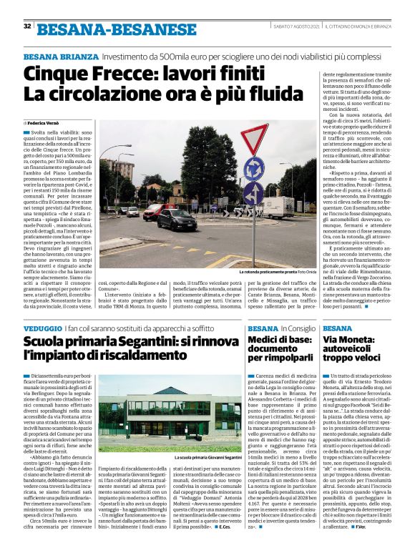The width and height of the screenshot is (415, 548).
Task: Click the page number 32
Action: [x=27, y=26]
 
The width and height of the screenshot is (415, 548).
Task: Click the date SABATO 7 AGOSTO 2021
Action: [x=296, y=26]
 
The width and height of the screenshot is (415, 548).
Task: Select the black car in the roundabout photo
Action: [x=176, y=219]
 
